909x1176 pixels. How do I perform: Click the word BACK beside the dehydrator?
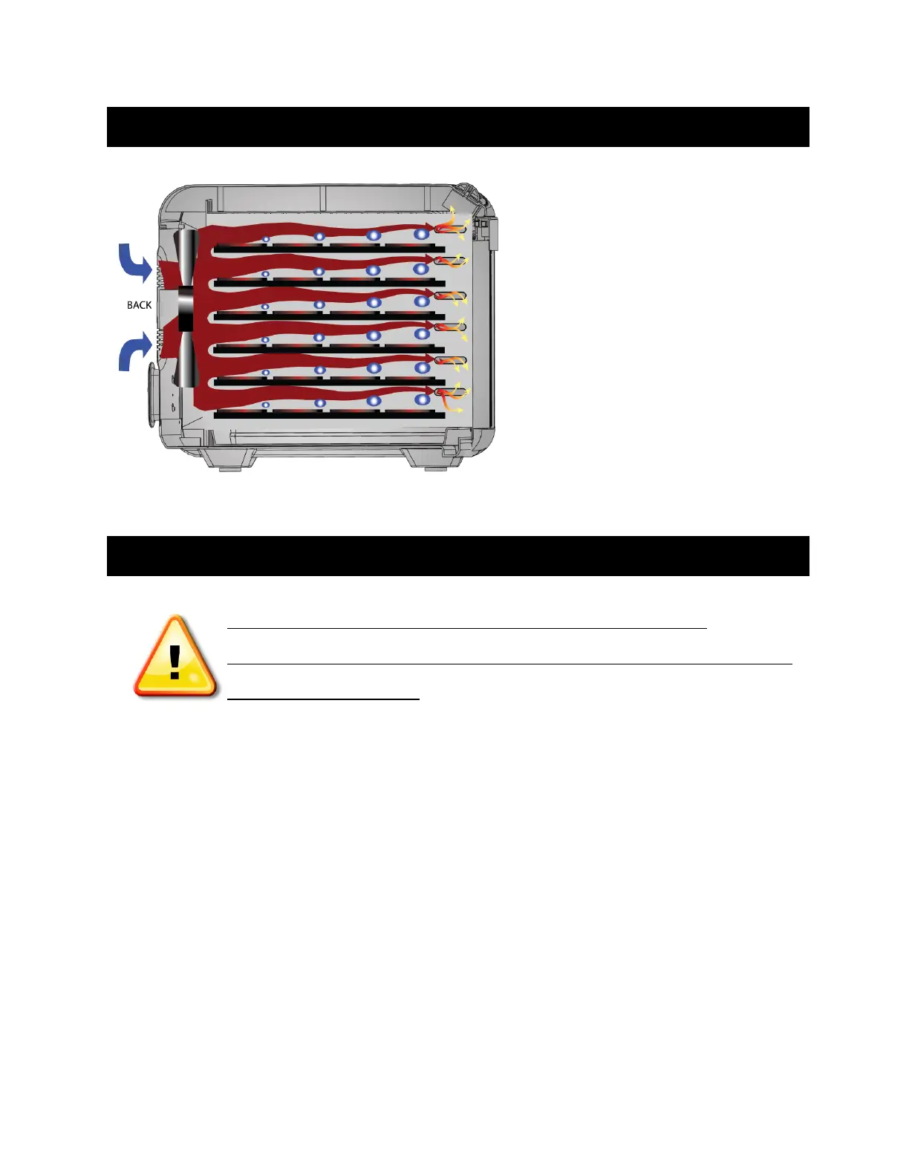point(139,305)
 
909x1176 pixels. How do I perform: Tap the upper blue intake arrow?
point(136,264)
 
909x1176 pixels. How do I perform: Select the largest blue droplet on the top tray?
point(422,234)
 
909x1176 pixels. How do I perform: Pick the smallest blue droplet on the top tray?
point(265,240)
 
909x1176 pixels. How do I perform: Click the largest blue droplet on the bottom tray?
point(422,399)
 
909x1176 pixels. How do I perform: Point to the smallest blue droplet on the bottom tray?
point(265,405)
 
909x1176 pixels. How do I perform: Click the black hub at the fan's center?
point(186,309)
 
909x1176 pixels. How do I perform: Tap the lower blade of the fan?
point(186,360)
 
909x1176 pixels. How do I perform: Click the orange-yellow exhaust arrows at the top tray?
point(452,225)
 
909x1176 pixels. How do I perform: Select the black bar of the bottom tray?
point(329,415)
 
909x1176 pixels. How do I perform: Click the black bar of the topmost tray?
point(329,249)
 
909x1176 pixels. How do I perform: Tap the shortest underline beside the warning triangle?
point(323,699)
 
